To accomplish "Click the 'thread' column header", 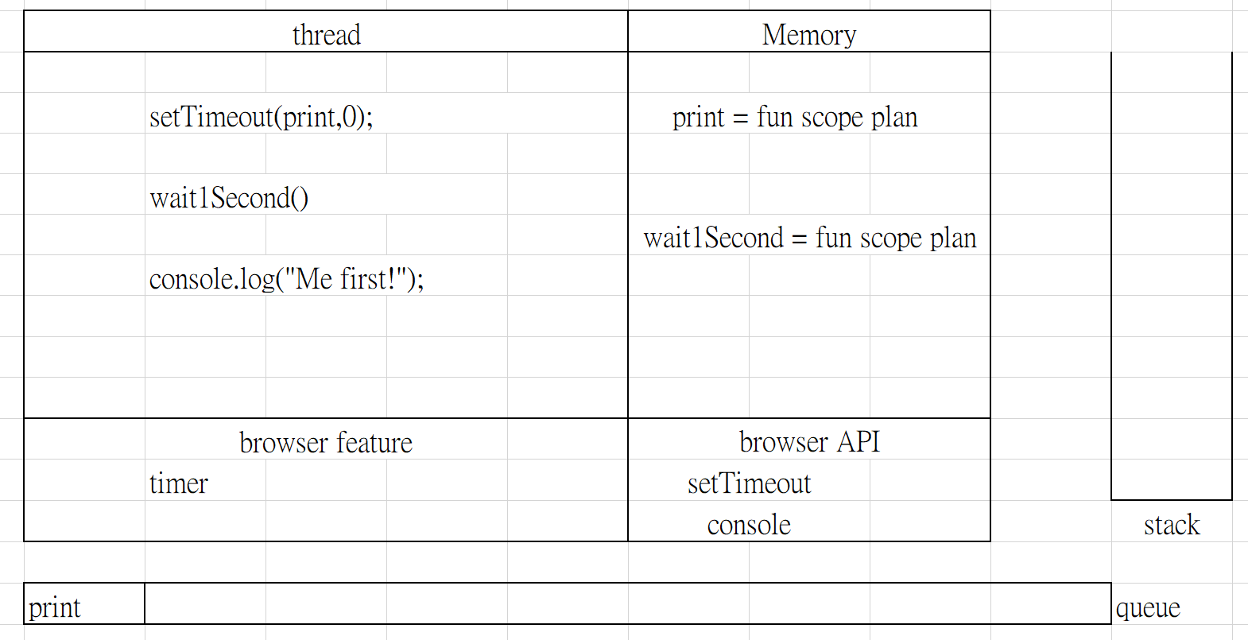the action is (327, 35).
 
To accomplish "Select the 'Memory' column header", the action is (809, 35).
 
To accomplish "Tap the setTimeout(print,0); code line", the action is (262, 117).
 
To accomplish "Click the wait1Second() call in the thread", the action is (229, 198).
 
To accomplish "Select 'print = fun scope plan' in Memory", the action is (795, 118).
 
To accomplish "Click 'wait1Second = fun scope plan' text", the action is (810, 239).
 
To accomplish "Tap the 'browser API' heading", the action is (809, 442).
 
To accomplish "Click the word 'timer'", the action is (178, 483).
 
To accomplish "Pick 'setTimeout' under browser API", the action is (750, 483).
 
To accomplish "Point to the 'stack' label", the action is (1172, 525).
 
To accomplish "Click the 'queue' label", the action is (1148, 608).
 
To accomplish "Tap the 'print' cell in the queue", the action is (55, 608).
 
